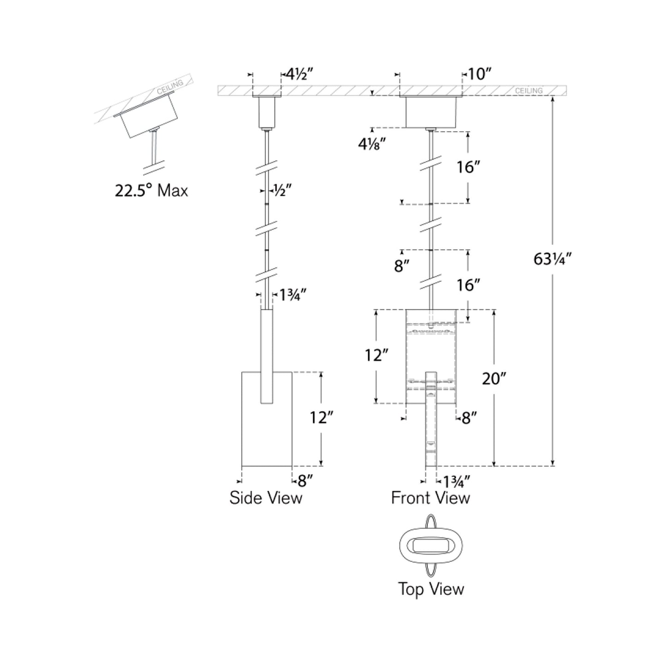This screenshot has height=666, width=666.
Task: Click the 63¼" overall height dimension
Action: (552, 259)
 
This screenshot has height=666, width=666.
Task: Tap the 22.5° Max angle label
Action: (151, 190)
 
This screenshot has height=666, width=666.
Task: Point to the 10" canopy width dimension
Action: (479, 74)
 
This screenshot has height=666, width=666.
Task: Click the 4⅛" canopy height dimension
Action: (372, 144)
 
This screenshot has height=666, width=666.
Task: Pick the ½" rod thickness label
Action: (283, 190)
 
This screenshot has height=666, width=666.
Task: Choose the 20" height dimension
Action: (494, 378)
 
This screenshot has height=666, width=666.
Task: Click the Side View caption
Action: (266, 498)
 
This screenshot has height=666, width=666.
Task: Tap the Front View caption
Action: (430, 498)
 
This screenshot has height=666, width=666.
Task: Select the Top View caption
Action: (431, 589)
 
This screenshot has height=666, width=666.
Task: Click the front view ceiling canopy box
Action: (430, 112)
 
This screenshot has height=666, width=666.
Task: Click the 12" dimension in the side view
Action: (321, 418)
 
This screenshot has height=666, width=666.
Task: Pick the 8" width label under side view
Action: (305, 481)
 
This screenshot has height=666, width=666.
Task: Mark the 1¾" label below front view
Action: (456, 482)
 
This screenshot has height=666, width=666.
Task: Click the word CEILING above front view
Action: (529, 91)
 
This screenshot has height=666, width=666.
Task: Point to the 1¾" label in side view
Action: (293, 295)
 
